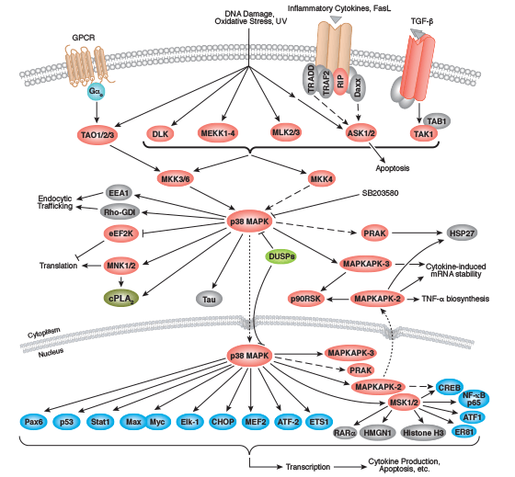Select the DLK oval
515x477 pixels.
click(161, 133)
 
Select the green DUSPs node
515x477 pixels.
click(283, 256)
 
